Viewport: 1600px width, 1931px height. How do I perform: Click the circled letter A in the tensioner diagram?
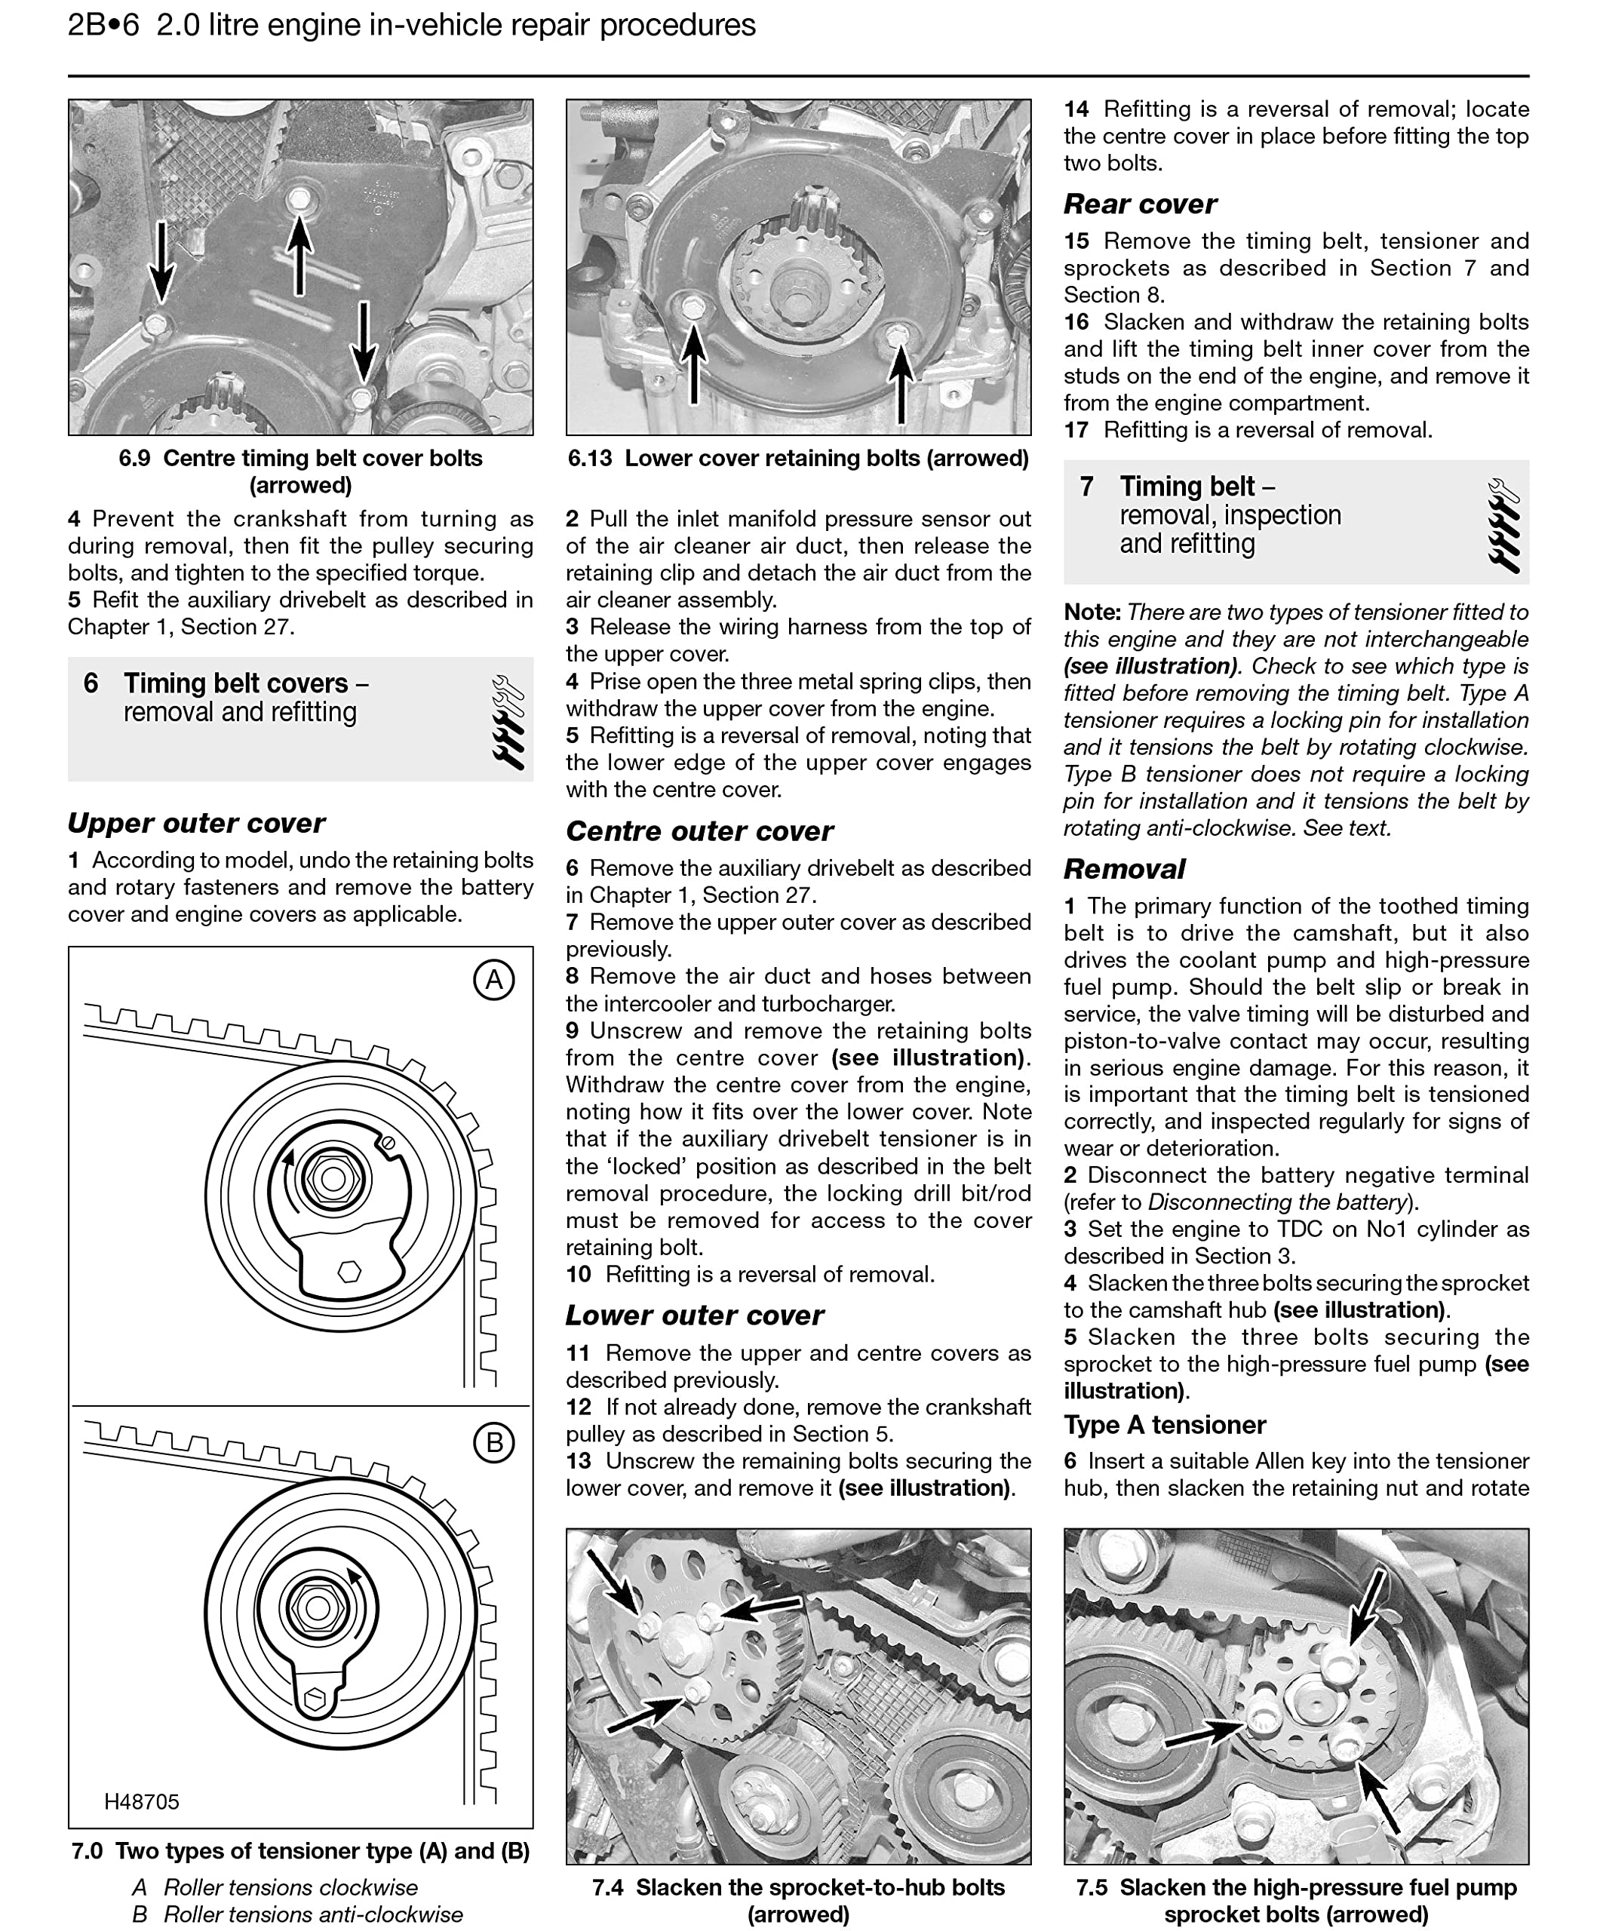click(494, 981)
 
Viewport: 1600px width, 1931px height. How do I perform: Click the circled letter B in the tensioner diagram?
click(494, 1443)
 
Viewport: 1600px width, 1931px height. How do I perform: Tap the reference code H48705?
click(142, 1801)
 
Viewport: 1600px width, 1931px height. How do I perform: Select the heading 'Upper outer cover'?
click(196, 823)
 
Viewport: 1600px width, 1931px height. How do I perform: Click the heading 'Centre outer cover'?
click(699, 831)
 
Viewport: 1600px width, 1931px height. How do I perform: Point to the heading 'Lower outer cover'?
click(694, 1315)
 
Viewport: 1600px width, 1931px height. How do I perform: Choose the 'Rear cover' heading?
click(1139, 204)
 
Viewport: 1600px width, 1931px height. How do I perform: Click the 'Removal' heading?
click(1124, 869)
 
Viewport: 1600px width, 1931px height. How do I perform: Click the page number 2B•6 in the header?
click(103, 25)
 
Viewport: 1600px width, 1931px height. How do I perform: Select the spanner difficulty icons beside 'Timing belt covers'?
click(508, 722)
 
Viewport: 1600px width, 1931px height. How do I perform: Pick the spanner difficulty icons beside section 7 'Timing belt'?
click(1503, 525)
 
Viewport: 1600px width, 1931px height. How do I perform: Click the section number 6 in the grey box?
click(90, 683)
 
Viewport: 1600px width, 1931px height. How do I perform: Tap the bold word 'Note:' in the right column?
click(1092, 612)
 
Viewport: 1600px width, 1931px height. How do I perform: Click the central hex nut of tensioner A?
click(333, 1178)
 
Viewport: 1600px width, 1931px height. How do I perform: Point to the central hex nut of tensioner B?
click(316, 1607)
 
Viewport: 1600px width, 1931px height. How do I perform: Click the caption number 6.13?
click(589, 458)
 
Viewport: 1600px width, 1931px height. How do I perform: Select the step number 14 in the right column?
click(1076, 109)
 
